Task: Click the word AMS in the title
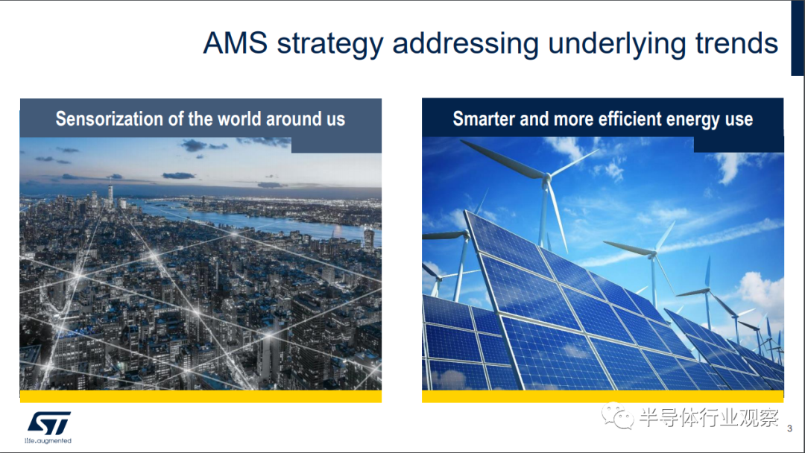(x=235, y=42)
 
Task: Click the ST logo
(x=48, y=423)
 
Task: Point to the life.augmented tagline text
(x=48, y=440)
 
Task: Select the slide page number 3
(x=789, y=428)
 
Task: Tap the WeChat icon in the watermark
(x=618, y=416)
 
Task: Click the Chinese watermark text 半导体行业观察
(x=709, y=417)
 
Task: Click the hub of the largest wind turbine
(x=546, y=179)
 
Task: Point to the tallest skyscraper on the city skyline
(x=110, y=197)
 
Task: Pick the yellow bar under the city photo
(x=201, y=396)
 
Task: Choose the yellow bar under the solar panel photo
(x=603, y=396)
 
